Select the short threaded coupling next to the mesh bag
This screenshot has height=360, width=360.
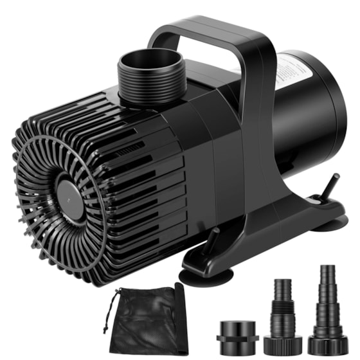click(x=237, y=332)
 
